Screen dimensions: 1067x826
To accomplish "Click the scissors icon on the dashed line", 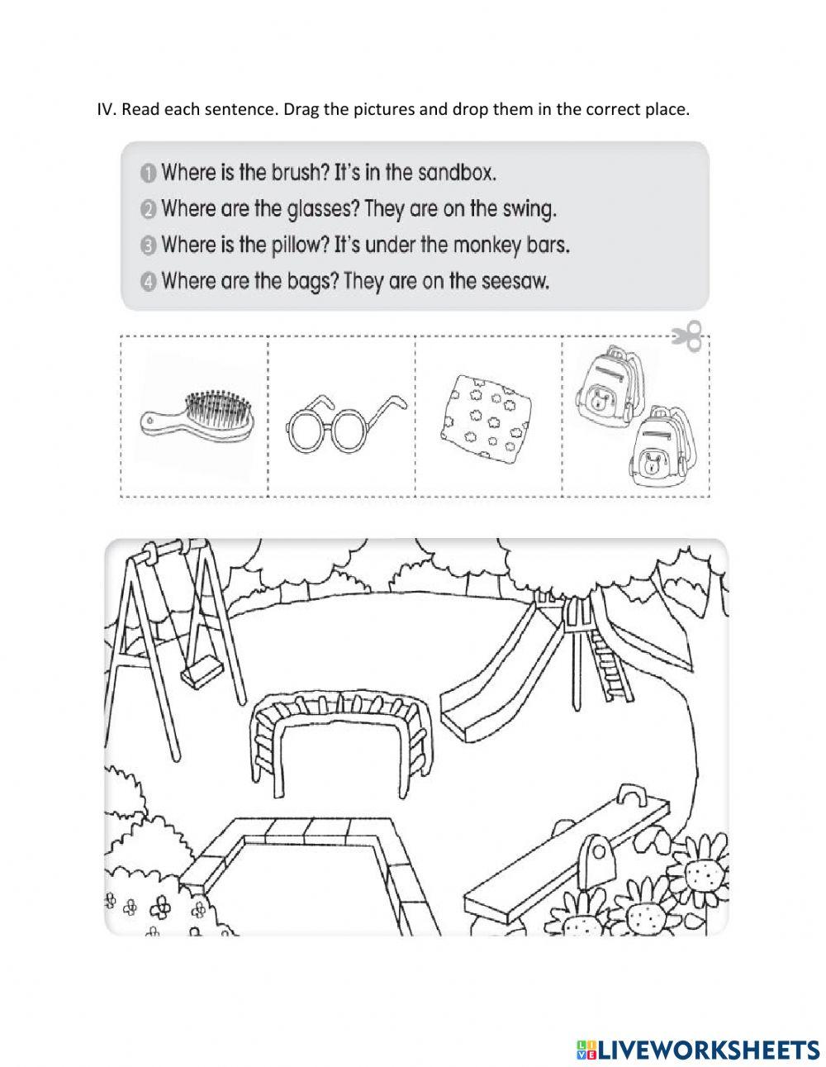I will coord(687,336).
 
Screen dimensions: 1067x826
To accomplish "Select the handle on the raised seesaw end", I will coord(634,796).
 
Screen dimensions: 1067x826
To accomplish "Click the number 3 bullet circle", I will coord(148,245).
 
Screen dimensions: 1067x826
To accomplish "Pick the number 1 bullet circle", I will coord(148,174).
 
